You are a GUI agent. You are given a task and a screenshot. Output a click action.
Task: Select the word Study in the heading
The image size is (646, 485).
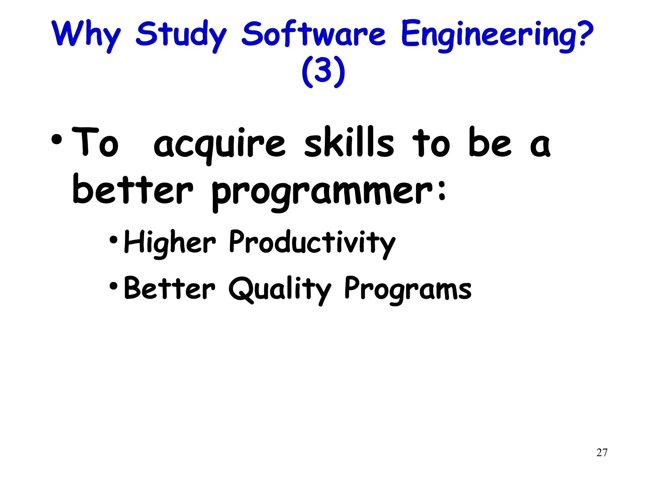[181, 35]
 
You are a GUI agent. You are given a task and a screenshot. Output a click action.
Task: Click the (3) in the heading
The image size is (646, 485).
[323, 72]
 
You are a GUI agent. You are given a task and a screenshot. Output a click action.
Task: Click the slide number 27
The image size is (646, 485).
[602, 452]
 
